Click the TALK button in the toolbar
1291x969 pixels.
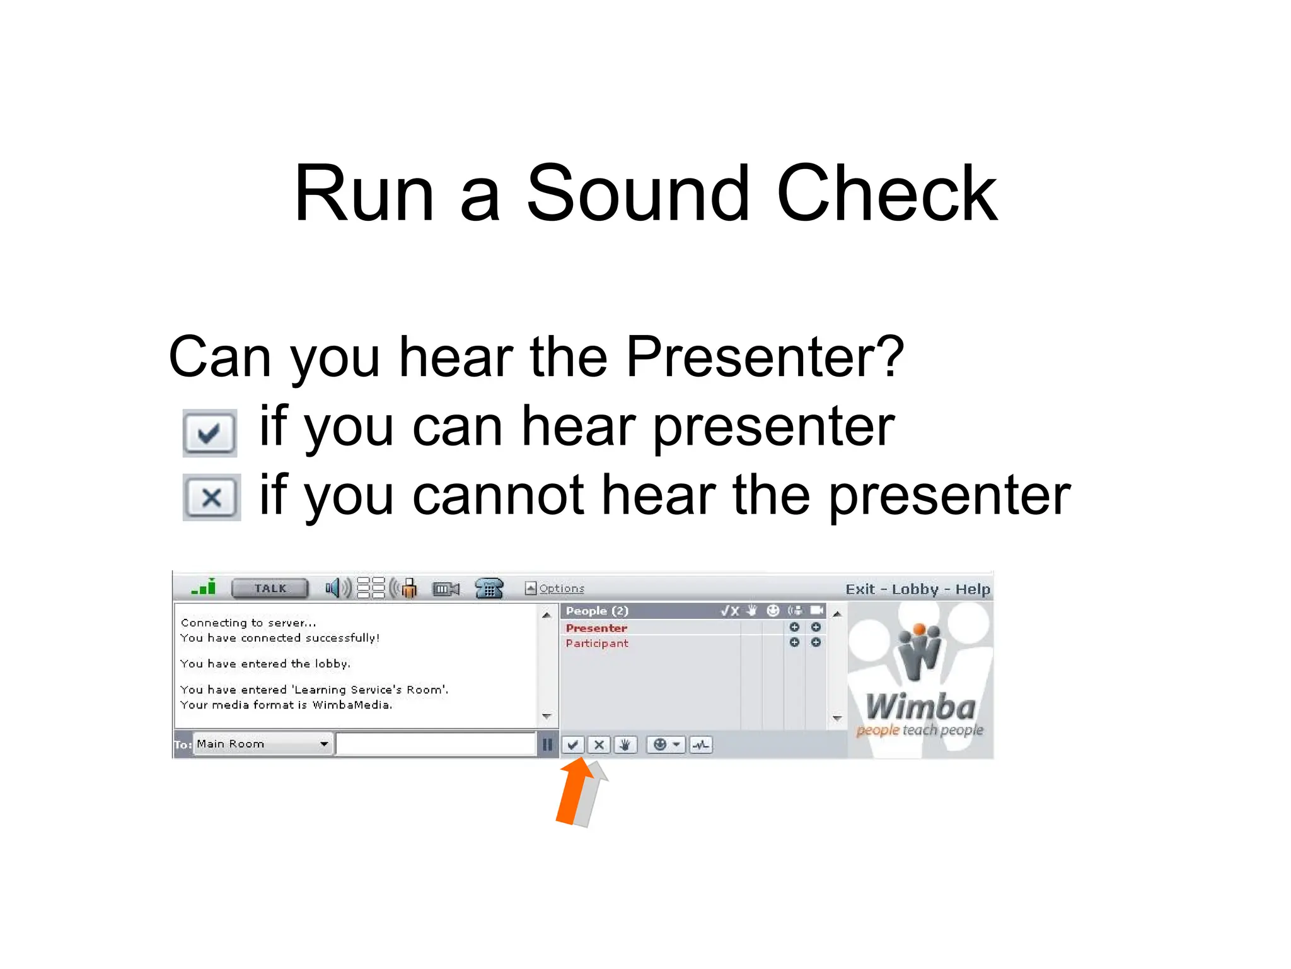tap(270, 589)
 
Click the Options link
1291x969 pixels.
tap(561, 589)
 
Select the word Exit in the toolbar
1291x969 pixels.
tap(860, 589)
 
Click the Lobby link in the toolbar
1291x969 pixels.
tap(915, 589)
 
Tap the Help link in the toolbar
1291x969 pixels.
tap(973, 589)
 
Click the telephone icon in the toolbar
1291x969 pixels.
tap(489, 589)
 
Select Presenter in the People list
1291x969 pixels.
tap(596, 628)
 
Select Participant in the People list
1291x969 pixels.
tap(597, 643)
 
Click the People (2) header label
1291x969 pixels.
tap(597, 611)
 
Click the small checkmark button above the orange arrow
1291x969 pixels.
tap(572, 745)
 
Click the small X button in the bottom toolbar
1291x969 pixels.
tap(599, 745)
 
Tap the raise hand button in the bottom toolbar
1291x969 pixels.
tap(625, 745)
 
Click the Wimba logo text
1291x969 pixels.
tap(920, 707)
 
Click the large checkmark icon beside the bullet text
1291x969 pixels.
tap(209, 433)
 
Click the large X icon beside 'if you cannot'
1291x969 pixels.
tap(211, 497)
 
